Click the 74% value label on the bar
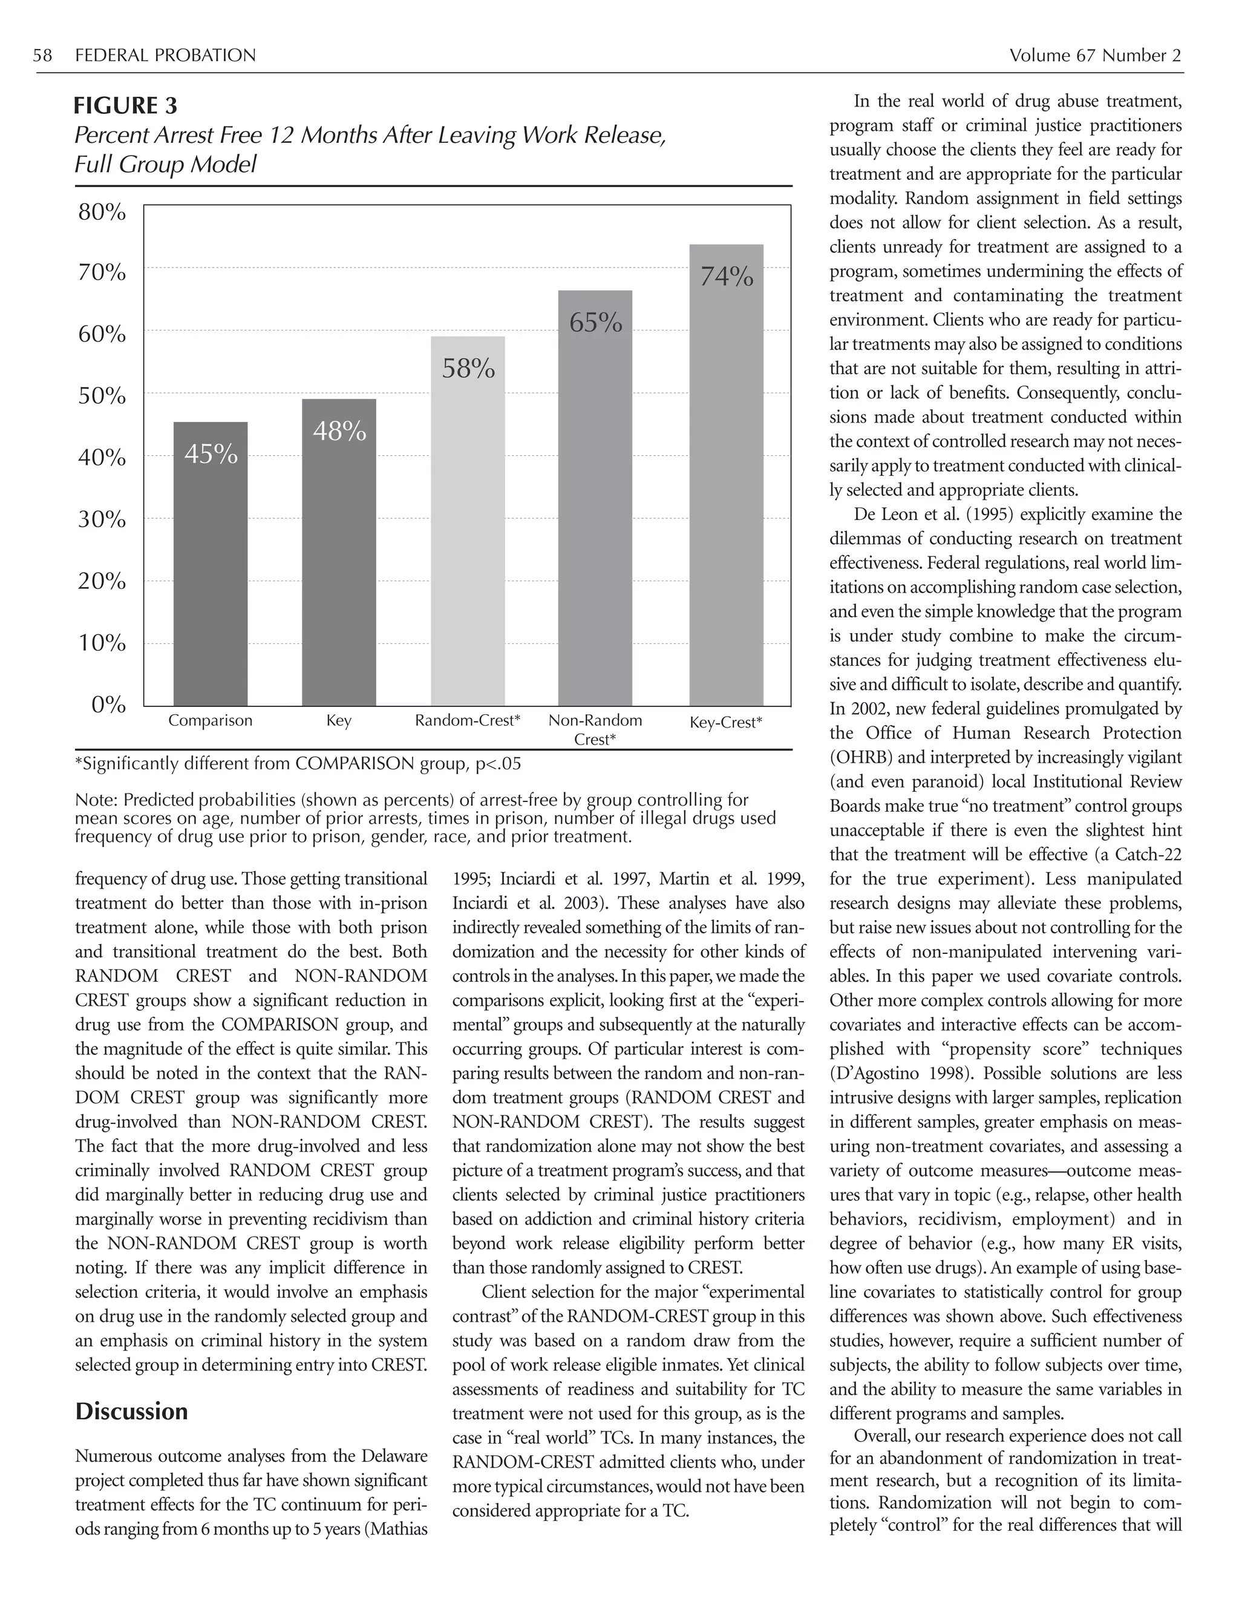(727, 277)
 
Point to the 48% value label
(339, 431)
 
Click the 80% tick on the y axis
(102, 212)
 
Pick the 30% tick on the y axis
(102, 519)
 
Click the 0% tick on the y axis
(109, 705)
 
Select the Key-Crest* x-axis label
(726, 722)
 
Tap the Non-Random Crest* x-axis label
(595, 729)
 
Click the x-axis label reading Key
(338, 720)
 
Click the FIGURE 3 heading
(125, 106)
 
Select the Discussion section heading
(131, 1411)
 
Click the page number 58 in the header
(42, 55)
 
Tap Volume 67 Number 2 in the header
(1094, 55)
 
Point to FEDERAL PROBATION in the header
(165, 55)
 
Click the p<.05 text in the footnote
(499, 764)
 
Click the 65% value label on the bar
(596, 323)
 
